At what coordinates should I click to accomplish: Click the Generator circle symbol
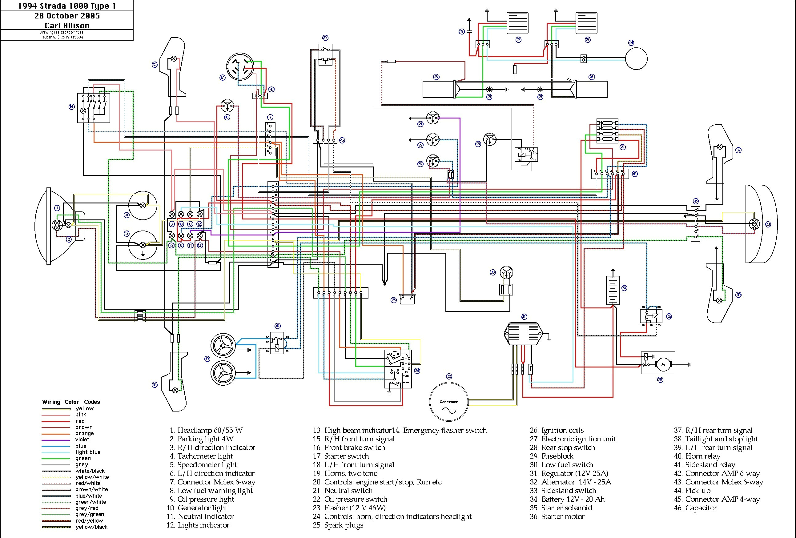[x=448, y=402]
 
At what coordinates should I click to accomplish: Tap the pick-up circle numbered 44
[x=636, y=58]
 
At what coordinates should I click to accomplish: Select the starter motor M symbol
[x=663, y=364]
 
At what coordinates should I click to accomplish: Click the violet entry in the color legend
[x=82, y=440]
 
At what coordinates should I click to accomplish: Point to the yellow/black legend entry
[x=91, y=527]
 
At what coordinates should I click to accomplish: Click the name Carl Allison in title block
[x=67, y=25]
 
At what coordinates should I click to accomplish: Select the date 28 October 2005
[x=67, y=16]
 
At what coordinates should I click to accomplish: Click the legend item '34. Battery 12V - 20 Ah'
[x=567, y=499]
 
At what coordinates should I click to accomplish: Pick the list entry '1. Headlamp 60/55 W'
[x=206, y=430]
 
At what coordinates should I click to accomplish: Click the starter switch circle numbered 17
[x=240, y=66]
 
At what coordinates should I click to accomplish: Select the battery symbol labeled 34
[x=613, y=291]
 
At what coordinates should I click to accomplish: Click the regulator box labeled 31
[x=523, y=333]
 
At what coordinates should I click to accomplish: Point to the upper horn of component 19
[x=223, y=345]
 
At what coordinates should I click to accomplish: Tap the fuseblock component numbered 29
[x=607, y=131]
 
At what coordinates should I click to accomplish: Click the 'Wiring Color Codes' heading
[x=71, y=402]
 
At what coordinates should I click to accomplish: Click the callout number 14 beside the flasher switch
[x=71, y=107]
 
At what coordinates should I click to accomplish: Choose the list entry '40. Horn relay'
[x=697, y=456]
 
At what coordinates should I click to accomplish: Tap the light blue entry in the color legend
[x=88, y=452]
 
